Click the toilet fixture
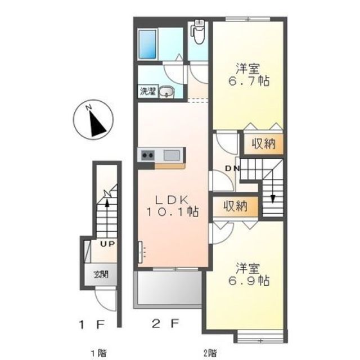pyautogui.click(x=199, y=32)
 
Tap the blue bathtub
pyautogui.click(x=147, y=44)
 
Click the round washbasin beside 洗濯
pyautogui.click(x=167, y=92)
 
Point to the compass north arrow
pyautogui.click(x=98, y=124)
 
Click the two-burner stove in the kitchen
pyautogui.click(x=147, y=155)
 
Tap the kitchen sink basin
pyautogui.click(x=172, y=155)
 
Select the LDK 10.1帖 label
pyautogui.click(x=173, y=206)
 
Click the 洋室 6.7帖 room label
pyautogui.click(x=249, y=75)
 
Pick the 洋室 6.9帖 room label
pyautogui.click(x=249, y=274)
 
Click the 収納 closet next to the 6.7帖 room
pyautogui.click(x=264, y=144)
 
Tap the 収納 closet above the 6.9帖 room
pyautogui.click(x=236, y=206)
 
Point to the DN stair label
pyautogui.click(x=232, y=169)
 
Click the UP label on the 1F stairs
pyautogui.click(x=107, y=244)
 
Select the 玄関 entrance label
pyautogui.click(x=101, y=274)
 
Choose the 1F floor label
pyautogui.click(x=92, y=325)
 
